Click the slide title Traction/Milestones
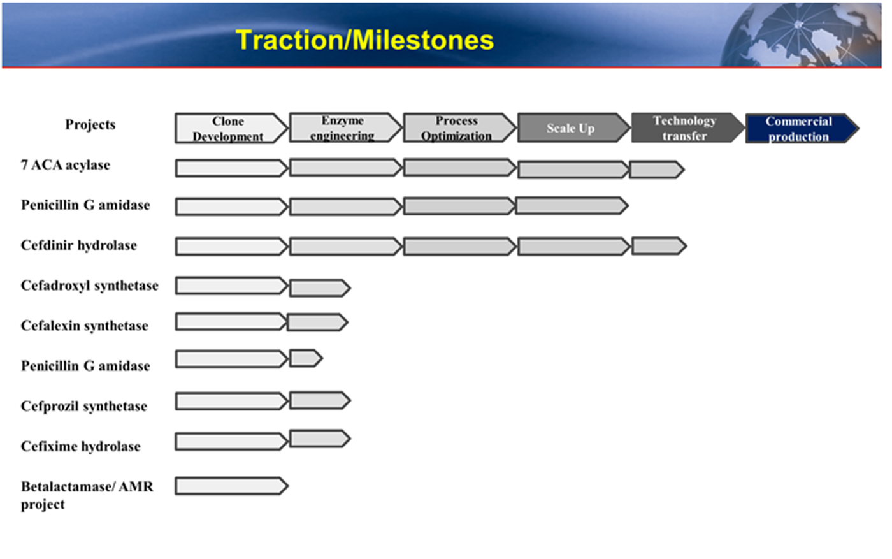pyautogui.click(x=364, y=40)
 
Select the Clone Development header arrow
pyautogui.click(x=231, y=128)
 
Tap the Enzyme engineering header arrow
pyautogui.click(x=345, y=127)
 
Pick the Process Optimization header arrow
pyautogui.click(x=459, y=128)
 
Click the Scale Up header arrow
pyautogui.click(x=574, y=128)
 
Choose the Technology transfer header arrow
pyautogui.click(x=687, y=128)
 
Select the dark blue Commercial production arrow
pyautogui.click(x=802, y=128)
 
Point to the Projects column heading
pyautogui.click(x=90, y=125)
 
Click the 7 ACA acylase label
pyautogui.click(x=65, y=165)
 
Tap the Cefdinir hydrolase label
pyautogui.click(x=79, y=245)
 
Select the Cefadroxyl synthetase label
pyautogui.click(x=90, y=286)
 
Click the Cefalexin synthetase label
pyautogui.click(x=84, y=326)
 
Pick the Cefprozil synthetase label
pyautogui.click(x=84, y=406)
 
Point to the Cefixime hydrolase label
pyautogui.click(x=80, y=446)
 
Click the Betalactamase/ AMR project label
pyautogui.click(x=87, y=495)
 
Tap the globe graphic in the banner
pyautogui.click(x=800, y=35)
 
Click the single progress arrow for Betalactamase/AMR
pyautogui.click(x=231, y=486)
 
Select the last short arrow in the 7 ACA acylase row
pyautogui.click(x=657, y=170)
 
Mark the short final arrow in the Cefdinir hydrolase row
pyautogui.click(x=659, y=246)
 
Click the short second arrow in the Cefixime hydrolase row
pyautogui.click(x=320, y=439)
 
